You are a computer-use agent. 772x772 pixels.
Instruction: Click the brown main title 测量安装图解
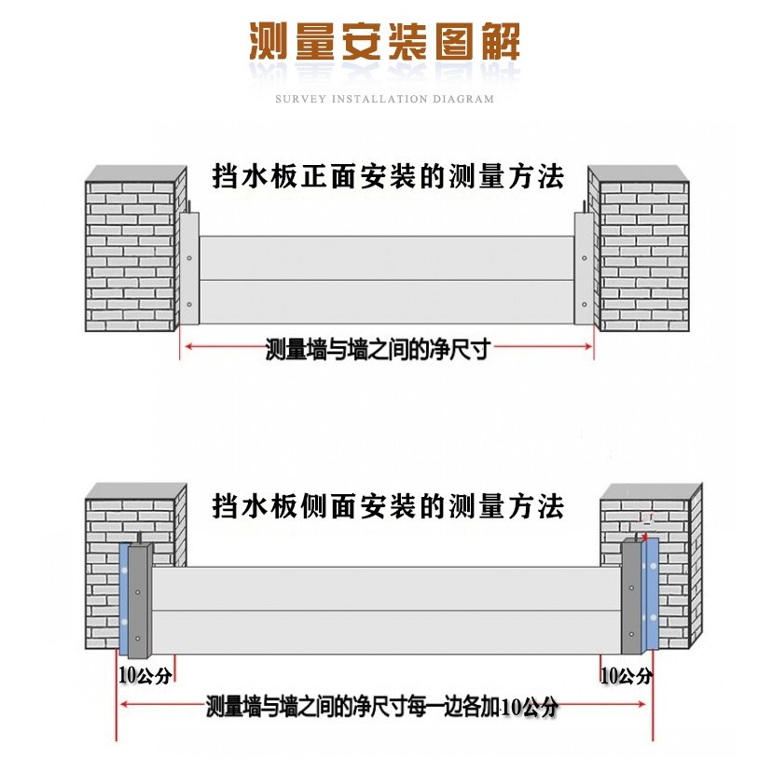pyautogui.click(x=384, y=42)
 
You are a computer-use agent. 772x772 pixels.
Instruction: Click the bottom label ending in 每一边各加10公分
pyautogui.click(x=381, y=706)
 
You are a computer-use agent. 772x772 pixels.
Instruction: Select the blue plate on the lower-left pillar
pyautogui.click(x=123, y=597)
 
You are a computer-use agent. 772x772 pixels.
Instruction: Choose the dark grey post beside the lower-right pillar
pyautogui.click(x=633, y=597)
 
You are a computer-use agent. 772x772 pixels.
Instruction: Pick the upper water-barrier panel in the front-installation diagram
pyautogui.click(x=387, y=257)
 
